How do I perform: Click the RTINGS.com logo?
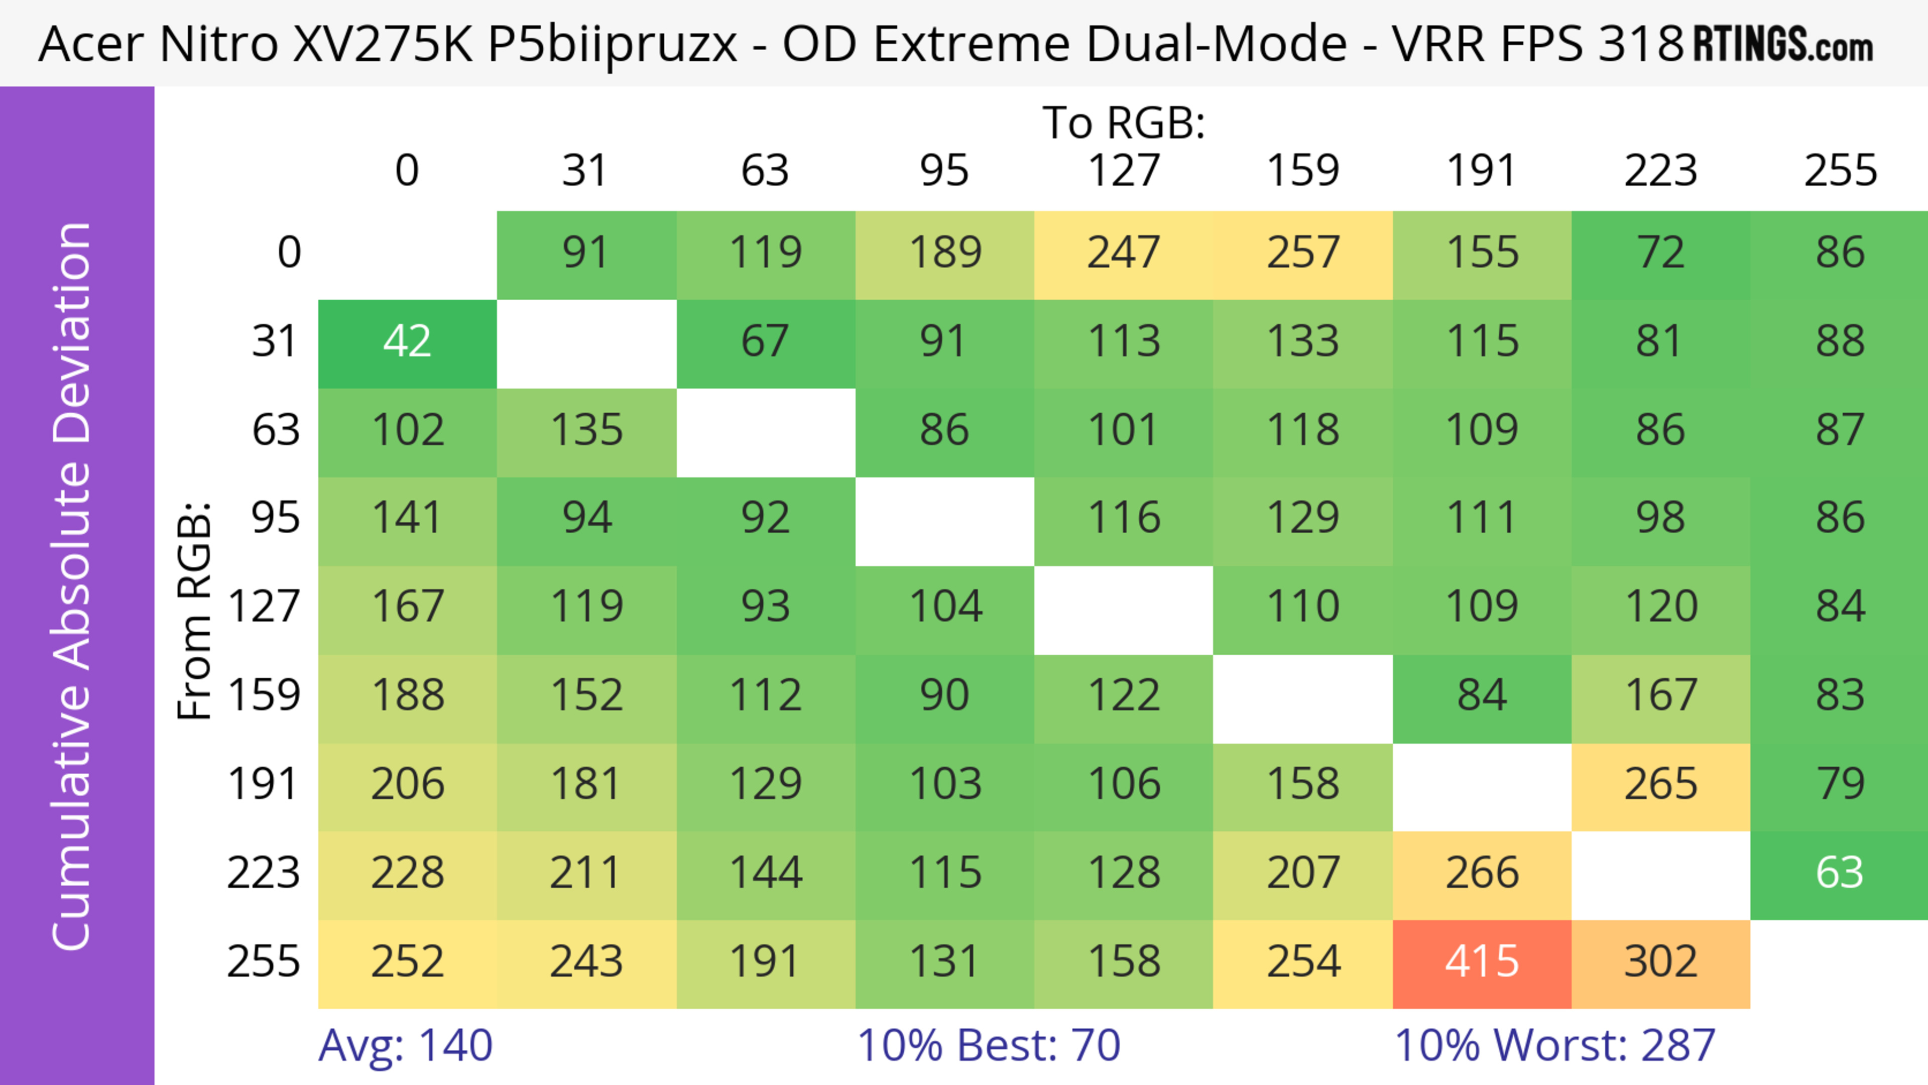click(1783, 44)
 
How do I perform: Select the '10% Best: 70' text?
click(988, 1045)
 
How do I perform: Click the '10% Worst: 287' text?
click(1554, 1045)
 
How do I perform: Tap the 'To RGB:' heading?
click(1124, 123)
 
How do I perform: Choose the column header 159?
click(1302, 171)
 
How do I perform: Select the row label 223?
click(264, 873)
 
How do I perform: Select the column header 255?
click(1840, 171)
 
